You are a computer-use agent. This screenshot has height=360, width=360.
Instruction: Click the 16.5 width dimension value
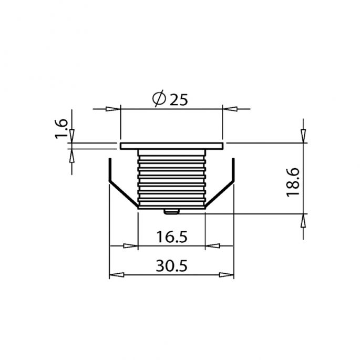(171, 237)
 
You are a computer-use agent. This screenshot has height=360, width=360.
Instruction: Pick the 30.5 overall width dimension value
(171, 266)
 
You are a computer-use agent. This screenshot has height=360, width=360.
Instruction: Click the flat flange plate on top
(171, 145)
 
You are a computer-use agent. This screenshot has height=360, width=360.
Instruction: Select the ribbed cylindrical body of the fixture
(171, 176)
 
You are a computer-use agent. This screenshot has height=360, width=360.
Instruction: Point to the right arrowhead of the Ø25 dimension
(229, 109)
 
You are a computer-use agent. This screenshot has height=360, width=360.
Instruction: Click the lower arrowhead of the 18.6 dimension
(303, 220)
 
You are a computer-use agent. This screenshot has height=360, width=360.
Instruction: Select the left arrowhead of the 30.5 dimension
(116, 275)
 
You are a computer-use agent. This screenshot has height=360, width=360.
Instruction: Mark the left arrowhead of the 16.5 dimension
(130, 245)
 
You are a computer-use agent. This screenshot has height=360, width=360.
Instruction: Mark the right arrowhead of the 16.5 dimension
(212, 245)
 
